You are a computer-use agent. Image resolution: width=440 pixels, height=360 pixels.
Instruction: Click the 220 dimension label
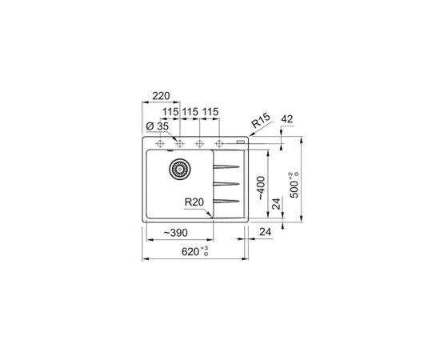coord(161,96)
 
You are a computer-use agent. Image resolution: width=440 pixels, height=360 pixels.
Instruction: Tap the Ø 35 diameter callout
coord(158,126)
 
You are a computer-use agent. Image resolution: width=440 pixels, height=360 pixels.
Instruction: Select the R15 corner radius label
coord(261,120)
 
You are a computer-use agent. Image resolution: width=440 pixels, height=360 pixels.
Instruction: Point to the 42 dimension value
coord(286,119)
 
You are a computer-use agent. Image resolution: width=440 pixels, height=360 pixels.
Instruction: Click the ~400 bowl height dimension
coord(262,188)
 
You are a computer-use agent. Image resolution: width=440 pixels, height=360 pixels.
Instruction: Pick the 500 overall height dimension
coord(294,185)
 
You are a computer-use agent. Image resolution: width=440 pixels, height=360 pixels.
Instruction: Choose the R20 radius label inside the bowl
coord(194,202)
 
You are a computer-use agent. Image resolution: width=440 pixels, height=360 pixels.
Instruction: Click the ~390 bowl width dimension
coord(176,233)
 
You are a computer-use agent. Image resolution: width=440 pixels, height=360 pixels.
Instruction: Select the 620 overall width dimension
coord(194,251)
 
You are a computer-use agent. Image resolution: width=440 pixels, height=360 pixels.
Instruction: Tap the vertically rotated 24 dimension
coord(277,204)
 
